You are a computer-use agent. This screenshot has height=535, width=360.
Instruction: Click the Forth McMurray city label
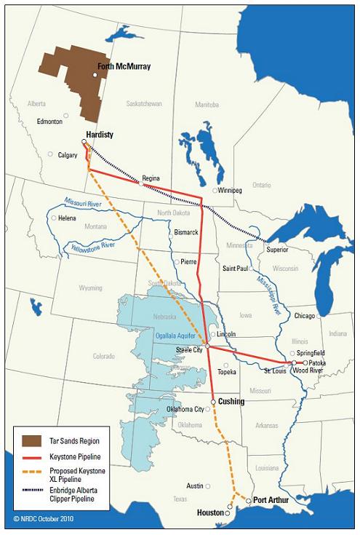[124, 66]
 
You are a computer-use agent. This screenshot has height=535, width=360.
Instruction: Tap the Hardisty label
[100, 135]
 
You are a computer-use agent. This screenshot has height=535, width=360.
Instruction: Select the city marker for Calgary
[50, 154]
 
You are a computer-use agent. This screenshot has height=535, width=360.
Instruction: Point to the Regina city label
[151, 178]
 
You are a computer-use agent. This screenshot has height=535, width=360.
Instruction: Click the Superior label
[277, 250]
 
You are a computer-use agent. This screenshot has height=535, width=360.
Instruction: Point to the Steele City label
[188, 350]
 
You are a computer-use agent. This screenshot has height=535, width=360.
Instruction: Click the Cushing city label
[231, 402]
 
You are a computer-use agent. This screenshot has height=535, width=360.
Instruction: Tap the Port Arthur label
[271, 500]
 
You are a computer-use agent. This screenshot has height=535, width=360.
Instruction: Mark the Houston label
[210, 513]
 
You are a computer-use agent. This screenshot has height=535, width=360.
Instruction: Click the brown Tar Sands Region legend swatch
[31, 440]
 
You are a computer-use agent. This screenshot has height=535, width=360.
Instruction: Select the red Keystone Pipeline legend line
[31, 456]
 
